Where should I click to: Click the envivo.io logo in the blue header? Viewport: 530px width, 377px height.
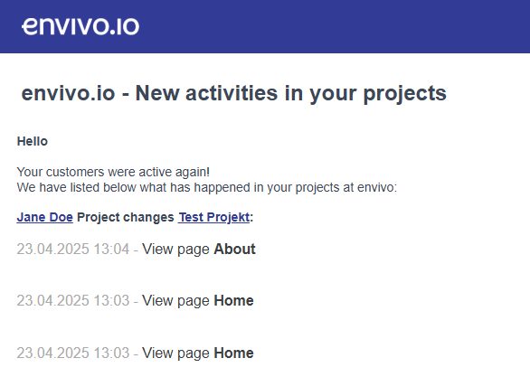(x=80, y=26)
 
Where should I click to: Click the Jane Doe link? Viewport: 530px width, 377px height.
(x=45, y=217)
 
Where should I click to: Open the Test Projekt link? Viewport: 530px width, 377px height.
(x=214, y=217)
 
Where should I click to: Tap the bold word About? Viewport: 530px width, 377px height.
(x=234, y=249)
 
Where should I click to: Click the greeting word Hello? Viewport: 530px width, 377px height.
(x=33, y=141)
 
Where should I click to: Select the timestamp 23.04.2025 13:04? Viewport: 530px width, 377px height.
(x=73, y=249)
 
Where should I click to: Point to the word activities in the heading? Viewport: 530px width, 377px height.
(x=232, y=93)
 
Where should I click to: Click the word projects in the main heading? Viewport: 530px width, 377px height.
(x=404, y=94)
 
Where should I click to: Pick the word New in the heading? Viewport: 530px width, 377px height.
(x=157, y=93)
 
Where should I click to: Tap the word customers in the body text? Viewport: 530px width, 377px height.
(x=75, y=172)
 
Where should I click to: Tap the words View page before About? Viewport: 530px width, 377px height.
(x=175, y=250)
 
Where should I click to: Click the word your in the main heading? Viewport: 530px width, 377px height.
(x=333, y=94)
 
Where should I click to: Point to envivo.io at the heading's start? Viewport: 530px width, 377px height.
(x=68, y=93)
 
